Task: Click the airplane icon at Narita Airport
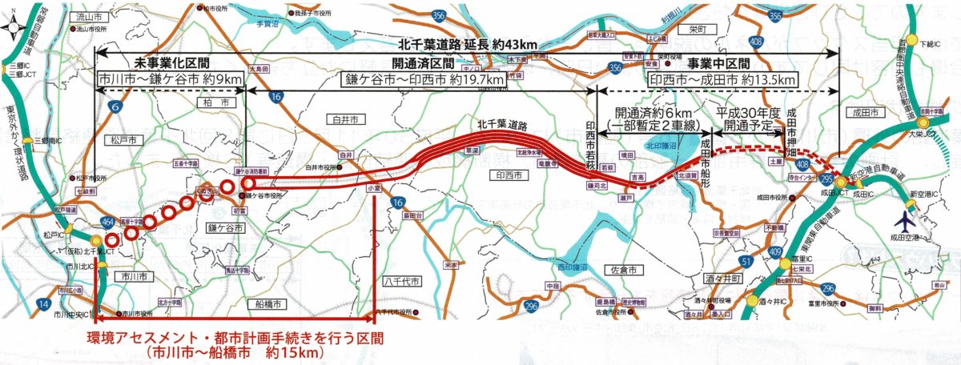point(906,219)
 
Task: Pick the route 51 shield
point(746,262)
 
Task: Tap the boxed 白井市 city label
point(345,119)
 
